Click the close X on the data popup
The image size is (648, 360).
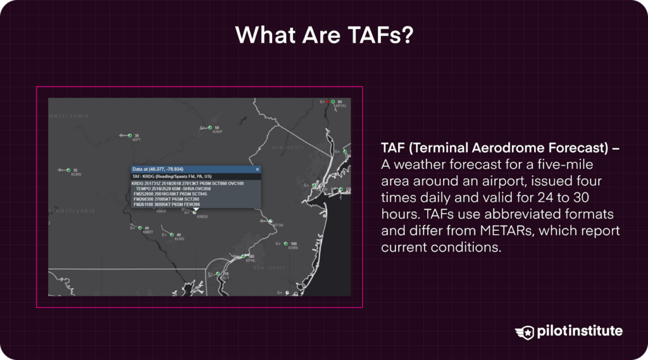258,170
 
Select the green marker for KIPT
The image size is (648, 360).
130,135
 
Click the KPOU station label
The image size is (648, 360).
340,106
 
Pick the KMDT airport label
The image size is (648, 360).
148,232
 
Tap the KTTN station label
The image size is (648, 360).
278,225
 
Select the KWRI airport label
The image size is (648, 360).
293,248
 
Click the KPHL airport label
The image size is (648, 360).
251,260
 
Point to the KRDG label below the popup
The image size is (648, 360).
202,216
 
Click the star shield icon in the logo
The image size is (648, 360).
525,332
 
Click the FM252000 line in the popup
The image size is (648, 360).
170,194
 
